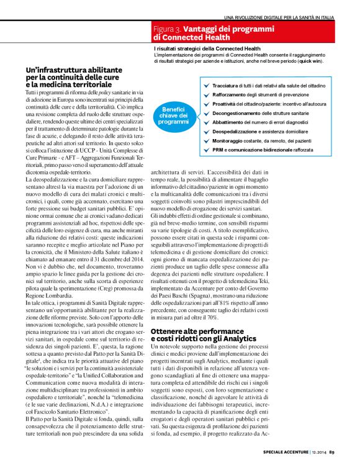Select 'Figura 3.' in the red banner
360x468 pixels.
pyautogui.click(x=167, y=29)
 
